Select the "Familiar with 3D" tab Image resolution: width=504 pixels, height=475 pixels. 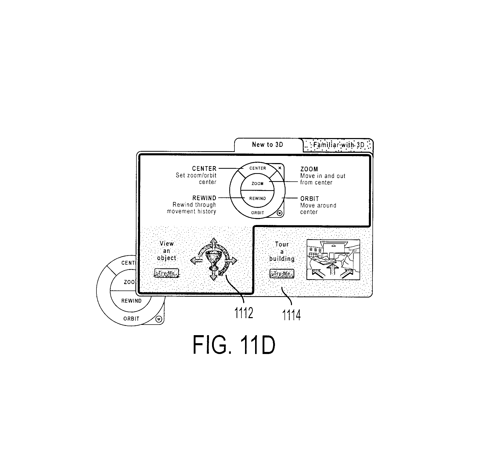pos(338,145)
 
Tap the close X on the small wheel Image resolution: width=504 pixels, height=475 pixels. pos(280,168)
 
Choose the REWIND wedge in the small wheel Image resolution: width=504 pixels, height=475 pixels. pos(257,199)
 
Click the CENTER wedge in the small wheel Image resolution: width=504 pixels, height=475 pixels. pos(257,168)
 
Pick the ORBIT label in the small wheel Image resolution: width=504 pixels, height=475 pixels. pos(258,213)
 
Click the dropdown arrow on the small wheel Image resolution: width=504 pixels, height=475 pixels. pos(280,213)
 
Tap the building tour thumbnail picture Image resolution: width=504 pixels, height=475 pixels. pos(333,260)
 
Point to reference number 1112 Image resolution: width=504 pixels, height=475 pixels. pos(243,313)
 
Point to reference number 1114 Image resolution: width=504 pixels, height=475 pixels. pos(291,315)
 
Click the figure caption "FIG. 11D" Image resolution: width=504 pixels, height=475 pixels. pos(234,345)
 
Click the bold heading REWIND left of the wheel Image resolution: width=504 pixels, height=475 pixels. pos(204,198)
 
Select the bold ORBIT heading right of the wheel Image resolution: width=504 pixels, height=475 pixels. pos(310,199)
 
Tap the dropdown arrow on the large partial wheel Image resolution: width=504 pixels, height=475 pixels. pos(159,319)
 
